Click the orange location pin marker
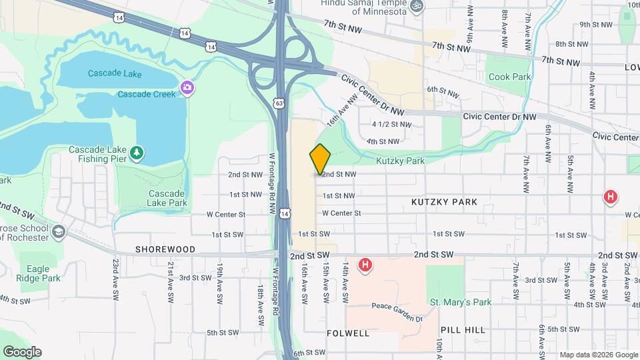[320, 159]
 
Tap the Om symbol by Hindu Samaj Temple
[417, 5]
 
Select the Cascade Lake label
[114, 73]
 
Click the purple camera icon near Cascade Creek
[187, 87]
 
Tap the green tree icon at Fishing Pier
[137, 153]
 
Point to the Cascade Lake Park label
[167, 198]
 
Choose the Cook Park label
[509, 77]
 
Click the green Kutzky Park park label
[400, 161]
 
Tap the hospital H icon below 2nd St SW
[365, 265]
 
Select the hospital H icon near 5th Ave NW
[609, 197]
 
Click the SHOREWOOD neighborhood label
[165, 249]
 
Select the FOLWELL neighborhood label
[348, 333]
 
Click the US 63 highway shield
[279, 103]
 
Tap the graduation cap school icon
[59, 231]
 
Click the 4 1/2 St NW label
[392, 124]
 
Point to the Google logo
[22, 352]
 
